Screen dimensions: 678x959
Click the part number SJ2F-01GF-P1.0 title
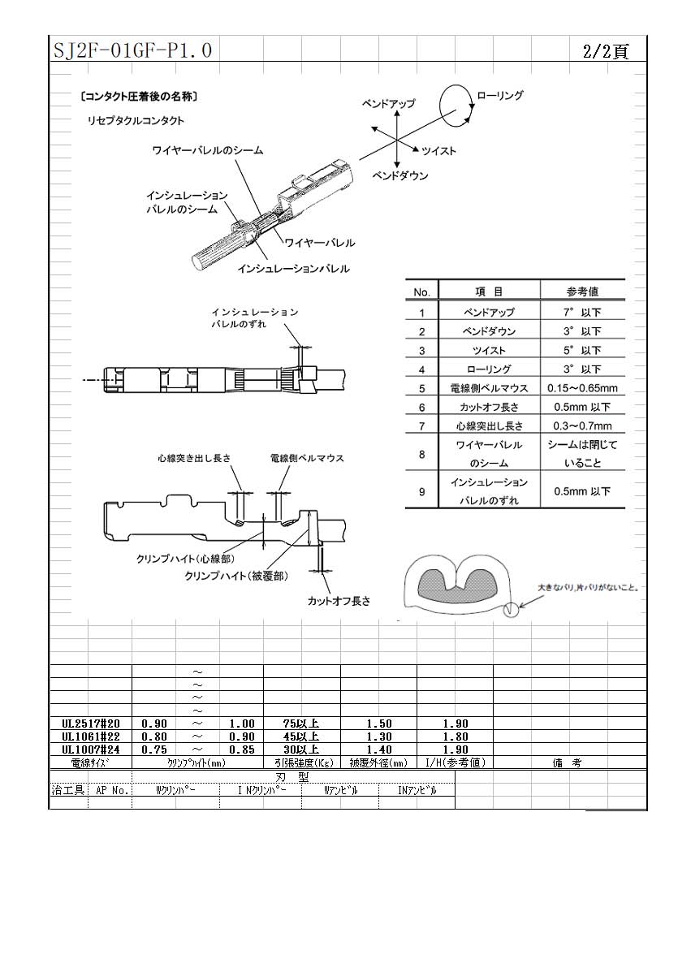pyautogui.click(x=132, y=50)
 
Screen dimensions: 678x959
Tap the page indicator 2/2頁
pyautogui.click(x=606, y=51)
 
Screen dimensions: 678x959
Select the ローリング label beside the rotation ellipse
pyautogui.click(x=499, y=95)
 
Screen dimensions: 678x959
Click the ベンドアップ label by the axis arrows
pyautogui.click(x=388, y=104)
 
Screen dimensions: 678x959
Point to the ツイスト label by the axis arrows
pyautogui.click(x=438, y=150)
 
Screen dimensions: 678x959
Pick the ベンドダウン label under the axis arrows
pyautogui.click(x=400, y=176)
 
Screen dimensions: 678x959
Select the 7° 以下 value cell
pyautogui.click(x=582, y=312)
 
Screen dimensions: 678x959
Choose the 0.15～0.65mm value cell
pyautogui.click(x=582, y=388)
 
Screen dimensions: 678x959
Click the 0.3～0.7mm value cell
pyautogui.click(x=582, y=426)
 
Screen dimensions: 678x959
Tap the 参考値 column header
pyautogui.click(x=582, y=292)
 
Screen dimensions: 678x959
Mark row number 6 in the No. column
pyautogui.click(x=422, y=408)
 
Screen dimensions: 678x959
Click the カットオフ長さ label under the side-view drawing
pyautogui.click(x=339, y=601)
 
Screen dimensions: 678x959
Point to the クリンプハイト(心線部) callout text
pyautogui.click(x=185, y=559)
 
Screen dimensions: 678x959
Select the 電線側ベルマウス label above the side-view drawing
pyautogui.click(x=307, y=458)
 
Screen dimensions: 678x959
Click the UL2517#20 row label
pyautogui.click(x=91, y=724)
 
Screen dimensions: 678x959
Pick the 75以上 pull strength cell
pyautogui.click(x=300, y=724)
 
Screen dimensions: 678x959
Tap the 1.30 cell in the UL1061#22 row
pyautogui.click(x=379, y=737)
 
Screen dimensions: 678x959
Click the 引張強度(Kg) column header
pyautogui.click(x=301, y=762)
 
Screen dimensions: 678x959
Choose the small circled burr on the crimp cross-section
pyautogui.click(x=509, y=609)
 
